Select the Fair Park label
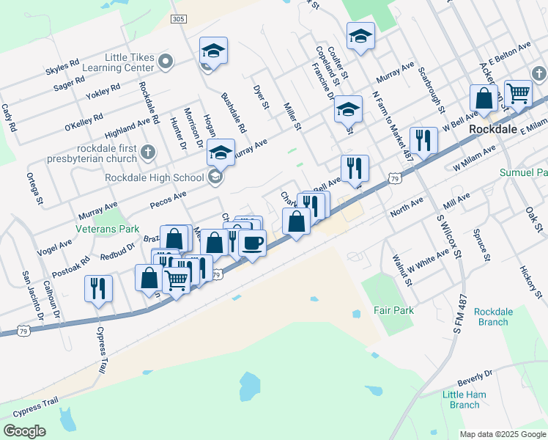tap(394, 310)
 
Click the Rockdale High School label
tap(154, 177)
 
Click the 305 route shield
tap(177, 18)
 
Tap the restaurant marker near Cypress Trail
tap(98, 287)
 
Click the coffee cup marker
tap(252, 243)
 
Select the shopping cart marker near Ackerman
tap(518, 93)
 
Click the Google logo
tap(24, 430)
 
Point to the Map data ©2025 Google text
tap(502, 434)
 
